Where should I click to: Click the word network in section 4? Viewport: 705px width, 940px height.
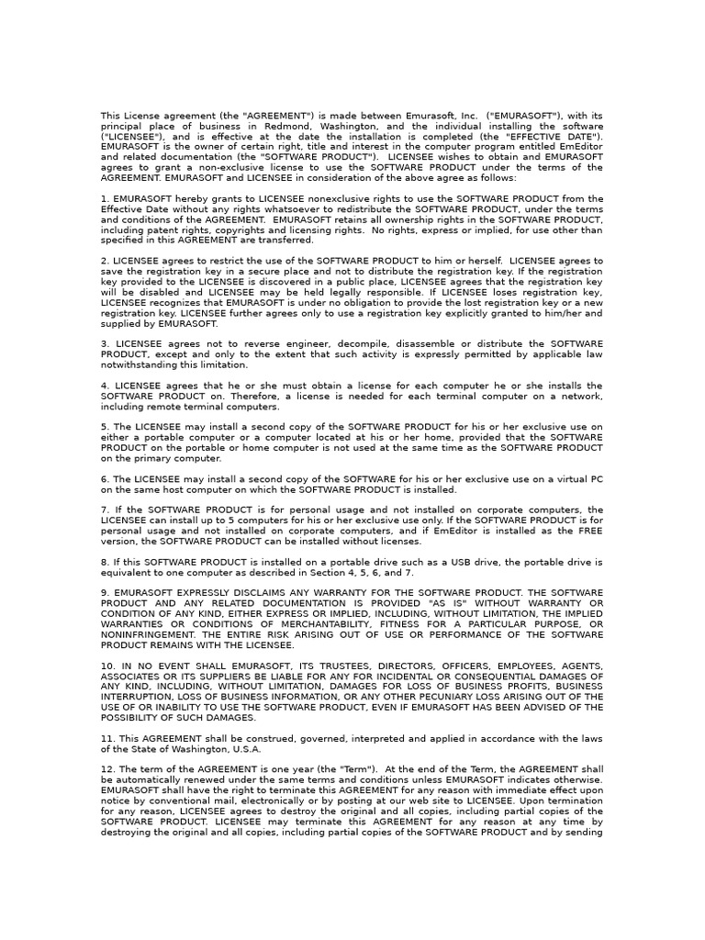pyautogui.click(x=578, y=396)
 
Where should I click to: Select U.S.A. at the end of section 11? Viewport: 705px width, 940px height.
pyautogui.click(x=245, y=748)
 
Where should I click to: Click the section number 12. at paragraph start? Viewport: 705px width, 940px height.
pyautogui.click(x=107, y=769)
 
